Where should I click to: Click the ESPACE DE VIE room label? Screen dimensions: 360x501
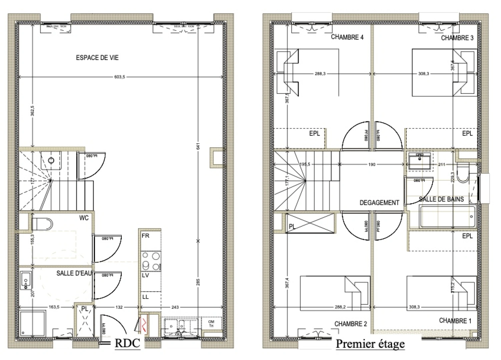97,58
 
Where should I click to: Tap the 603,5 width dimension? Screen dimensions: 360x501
119,77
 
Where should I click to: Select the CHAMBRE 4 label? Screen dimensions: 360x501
347,37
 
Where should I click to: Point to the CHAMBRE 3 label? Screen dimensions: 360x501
457,38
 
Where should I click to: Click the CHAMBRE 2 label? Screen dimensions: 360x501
350,324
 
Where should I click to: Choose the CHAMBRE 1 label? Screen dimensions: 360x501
455,321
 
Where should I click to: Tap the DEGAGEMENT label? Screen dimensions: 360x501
379,203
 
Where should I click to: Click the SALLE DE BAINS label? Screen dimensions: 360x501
441,199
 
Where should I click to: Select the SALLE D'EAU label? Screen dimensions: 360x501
74,273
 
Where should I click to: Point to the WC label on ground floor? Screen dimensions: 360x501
84,218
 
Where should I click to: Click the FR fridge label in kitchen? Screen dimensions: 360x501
145,236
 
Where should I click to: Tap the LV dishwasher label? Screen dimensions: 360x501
145,276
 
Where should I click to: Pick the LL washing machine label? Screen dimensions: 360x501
145,297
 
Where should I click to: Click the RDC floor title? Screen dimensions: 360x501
127,343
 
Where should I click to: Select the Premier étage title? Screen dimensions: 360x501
370,344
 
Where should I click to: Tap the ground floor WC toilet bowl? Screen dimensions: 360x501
42,224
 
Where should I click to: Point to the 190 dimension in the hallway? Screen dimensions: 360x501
372,164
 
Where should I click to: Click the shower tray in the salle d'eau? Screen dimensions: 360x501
32,323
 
